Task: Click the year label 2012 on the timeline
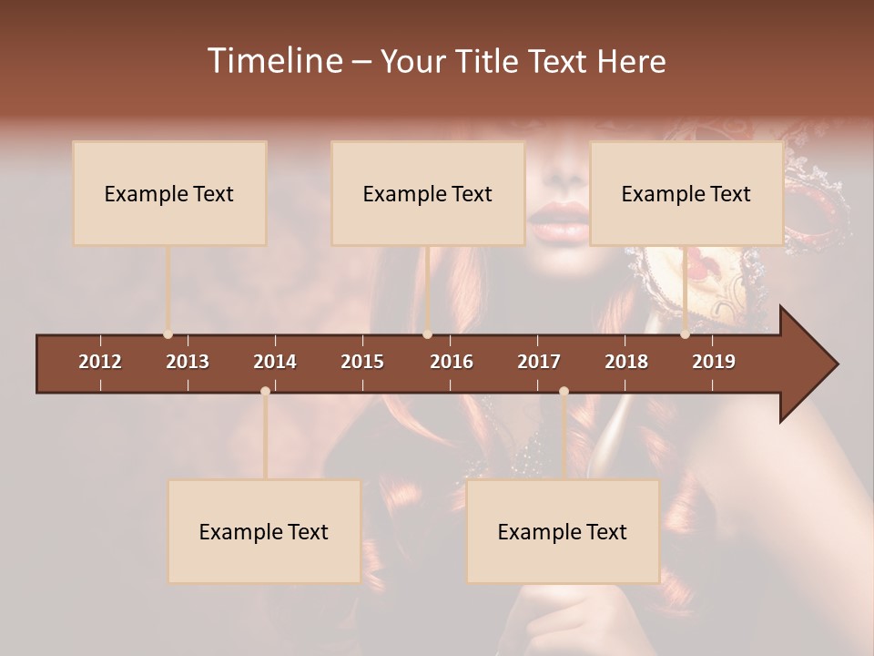click(100, 362)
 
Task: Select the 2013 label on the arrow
click(188, 362)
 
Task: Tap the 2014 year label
click(275, 362)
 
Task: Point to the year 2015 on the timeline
click(362, 362)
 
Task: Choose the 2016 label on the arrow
click(452, 362)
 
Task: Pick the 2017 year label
click(539, 362)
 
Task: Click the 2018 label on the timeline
click(626, 362)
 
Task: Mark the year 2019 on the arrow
click(714, 362)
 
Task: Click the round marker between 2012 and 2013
click(168, 334)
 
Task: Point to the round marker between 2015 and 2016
click(427, 334)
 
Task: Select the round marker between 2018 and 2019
click(686, 334)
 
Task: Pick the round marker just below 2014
click(265, 391)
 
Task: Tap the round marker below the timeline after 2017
click(564, 391)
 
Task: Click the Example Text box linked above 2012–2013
click(169, 193)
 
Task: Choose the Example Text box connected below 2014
click(264, 531)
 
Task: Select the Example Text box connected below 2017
click(563, 531)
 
